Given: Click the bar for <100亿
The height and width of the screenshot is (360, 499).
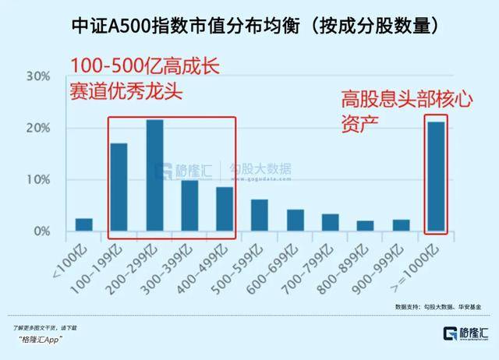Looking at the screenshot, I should pos(83,225).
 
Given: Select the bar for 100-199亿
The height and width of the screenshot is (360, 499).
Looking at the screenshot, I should pos(119,188).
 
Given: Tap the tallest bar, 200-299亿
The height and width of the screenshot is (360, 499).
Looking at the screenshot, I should pos(154,176).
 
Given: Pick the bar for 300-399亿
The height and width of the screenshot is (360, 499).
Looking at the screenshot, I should pos(189,206).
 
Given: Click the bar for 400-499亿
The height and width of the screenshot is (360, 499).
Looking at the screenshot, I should pos(225,210).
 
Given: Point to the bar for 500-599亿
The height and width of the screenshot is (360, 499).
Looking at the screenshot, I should pos(260,216).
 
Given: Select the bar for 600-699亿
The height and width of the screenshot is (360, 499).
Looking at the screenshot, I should pos(295,221).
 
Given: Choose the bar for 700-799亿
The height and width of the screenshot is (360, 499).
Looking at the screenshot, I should pos(331,223).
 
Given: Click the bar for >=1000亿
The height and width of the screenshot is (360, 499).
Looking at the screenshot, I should pos(436,177).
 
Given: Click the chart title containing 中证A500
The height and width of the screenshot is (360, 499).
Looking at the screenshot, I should pos(249,26).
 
